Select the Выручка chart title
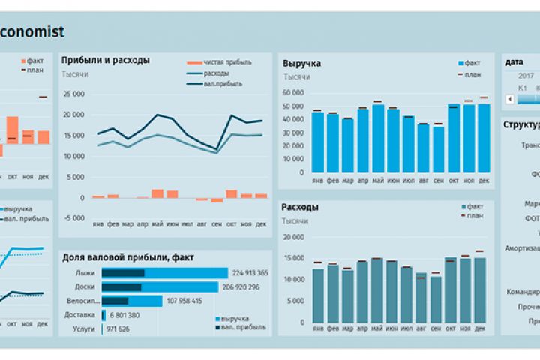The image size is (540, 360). click(x=301, y=64)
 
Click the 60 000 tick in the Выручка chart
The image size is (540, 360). click(x=292, y=92)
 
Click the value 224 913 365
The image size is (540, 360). click(x=250, y=273)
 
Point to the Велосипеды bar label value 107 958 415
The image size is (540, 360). click(x=184, y=301)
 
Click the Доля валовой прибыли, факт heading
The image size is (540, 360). click(x=128, y=257)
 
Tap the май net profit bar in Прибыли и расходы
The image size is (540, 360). click(x=157, y=193)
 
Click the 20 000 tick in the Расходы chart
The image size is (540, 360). click(x=292, y=236)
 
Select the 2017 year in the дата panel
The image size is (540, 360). click(x=526, y=76)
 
